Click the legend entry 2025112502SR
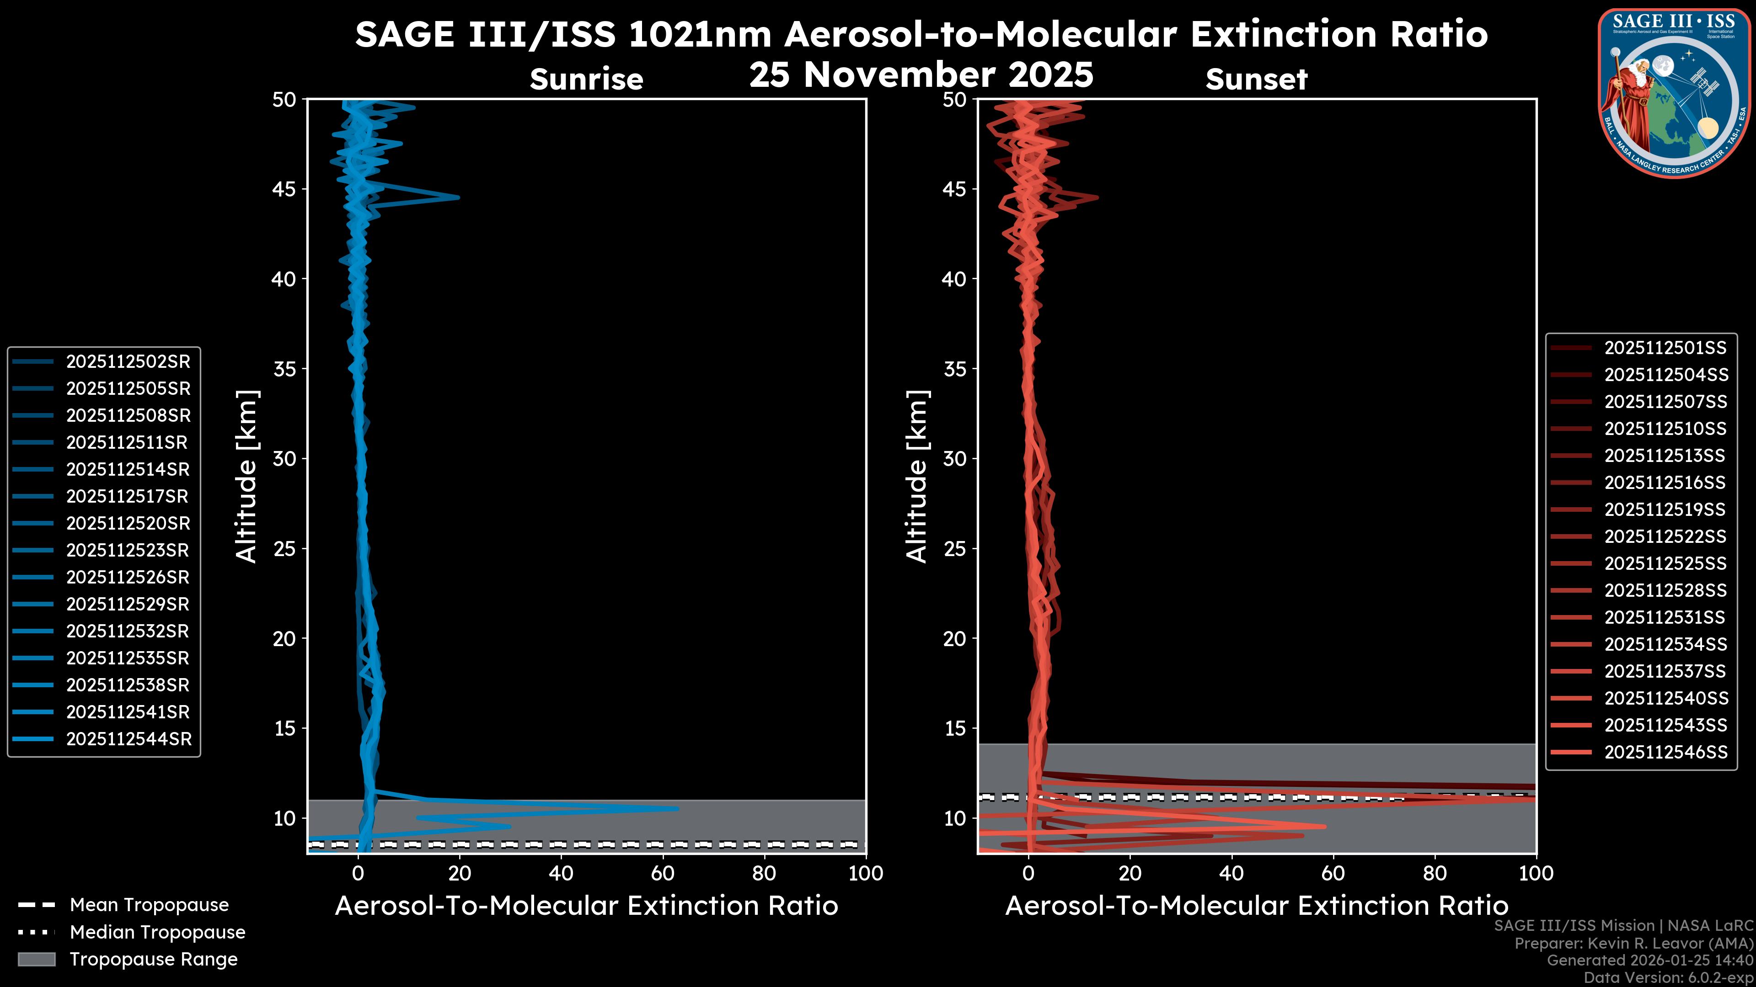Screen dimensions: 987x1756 pos(128,362)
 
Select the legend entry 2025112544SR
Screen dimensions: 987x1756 pos(128,739)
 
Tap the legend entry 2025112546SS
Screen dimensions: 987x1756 pos(1665,752)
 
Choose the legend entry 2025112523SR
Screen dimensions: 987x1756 pos(128,550)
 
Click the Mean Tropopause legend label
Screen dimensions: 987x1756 pos(149,905)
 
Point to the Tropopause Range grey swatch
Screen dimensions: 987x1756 pos(36,959)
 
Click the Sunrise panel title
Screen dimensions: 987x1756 pos(586,80)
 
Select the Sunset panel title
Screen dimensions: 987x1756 pos(1256,80)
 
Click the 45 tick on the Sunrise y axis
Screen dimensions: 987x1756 pos(285,189)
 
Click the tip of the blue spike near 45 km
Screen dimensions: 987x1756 pos(458,197)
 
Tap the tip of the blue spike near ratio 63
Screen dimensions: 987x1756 pos(678,808)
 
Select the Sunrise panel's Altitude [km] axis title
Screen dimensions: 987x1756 pos(247,476)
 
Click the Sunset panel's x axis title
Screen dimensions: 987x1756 pos(1256,906)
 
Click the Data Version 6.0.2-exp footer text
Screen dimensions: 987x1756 pos(1668,977)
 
